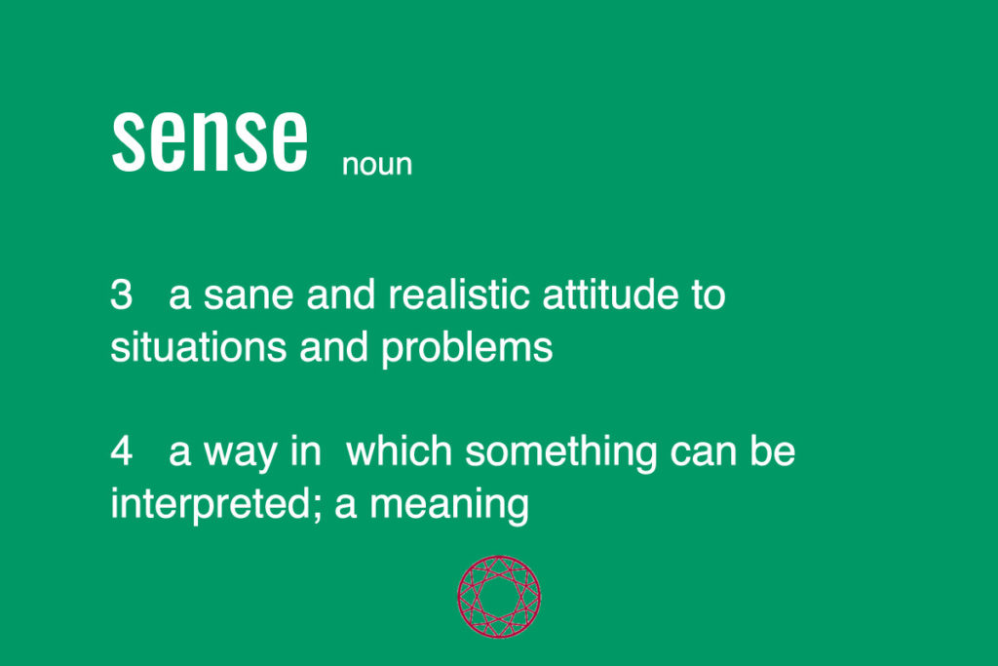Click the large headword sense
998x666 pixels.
[x=210, y=141]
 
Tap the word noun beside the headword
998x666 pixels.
[x=377, y=164]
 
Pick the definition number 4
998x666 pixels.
[x=121, y=452]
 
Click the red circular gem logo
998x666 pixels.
[x=499, y=597]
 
